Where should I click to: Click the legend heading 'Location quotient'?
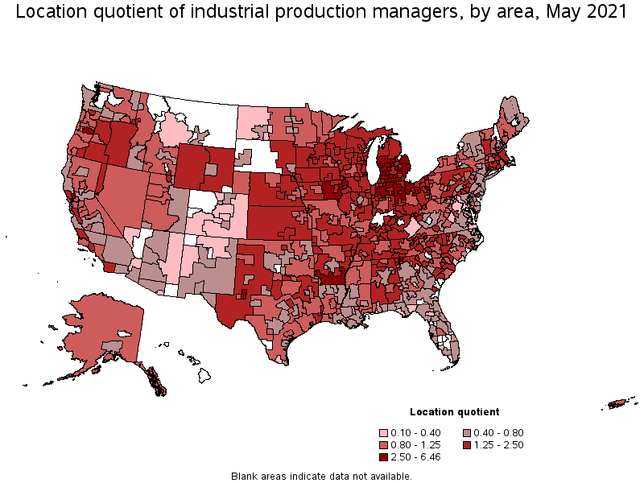454,412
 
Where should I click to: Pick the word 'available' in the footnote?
390,477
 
